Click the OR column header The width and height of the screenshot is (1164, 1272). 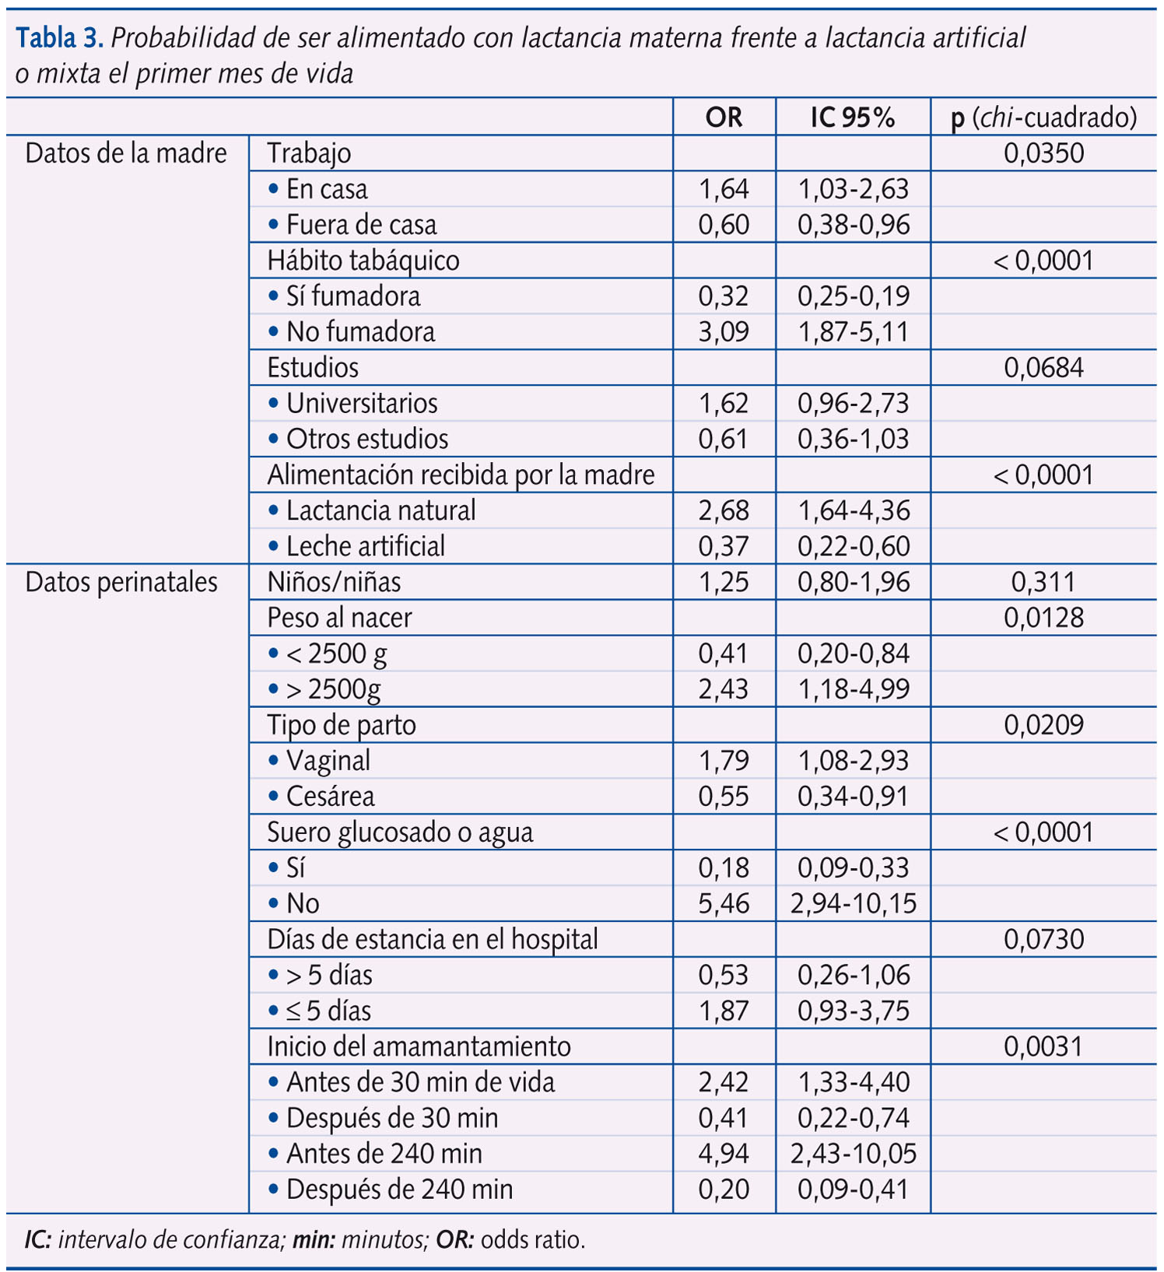(724, 117)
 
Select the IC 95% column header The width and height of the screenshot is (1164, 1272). (853, 117)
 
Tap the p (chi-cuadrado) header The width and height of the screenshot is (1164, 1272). (1044, 117)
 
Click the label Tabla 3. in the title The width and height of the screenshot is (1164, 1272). (60, 37)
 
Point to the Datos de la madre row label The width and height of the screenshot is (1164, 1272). (126, 153)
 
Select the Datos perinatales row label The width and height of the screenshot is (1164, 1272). (121, 582)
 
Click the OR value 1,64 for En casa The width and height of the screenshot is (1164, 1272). (724, 189)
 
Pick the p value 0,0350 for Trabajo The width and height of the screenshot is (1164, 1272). (1043, 153)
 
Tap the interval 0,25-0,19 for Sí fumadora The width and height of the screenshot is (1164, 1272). (854, 296)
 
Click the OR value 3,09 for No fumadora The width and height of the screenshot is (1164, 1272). (724, 332)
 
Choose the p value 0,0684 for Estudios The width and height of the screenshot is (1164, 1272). (1043, 368)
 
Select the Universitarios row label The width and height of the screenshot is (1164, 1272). (362, 404)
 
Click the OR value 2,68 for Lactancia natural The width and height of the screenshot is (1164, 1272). (724, 511)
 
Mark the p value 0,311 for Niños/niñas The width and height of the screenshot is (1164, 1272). (1043, 582)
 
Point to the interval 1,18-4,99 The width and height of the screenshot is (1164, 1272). (854, 689)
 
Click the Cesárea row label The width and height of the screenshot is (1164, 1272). (331, 797)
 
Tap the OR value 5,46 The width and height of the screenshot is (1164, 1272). (724, 904)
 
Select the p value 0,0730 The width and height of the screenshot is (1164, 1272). (1043, 940)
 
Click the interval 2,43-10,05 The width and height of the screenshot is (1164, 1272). (854, 1154)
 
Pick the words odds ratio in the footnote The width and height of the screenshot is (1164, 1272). (532, 1239)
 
